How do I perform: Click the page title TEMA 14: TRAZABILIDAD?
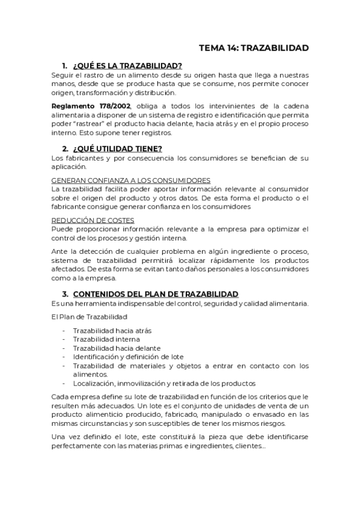coord(254,48)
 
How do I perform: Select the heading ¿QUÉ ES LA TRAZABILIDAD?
coord(127,66)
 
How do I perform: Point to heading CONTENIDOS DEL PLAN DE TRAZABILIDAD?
coord(156,293)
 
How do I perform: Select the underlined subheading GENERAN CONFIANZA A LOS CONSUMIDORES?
coord(130,180)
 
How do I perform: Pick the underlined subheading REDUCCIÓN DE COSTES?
coord(93,220)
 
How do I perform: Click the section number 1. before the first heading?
coord(64,66)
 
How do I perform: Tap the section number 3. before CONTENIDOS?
coord(64,293)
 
